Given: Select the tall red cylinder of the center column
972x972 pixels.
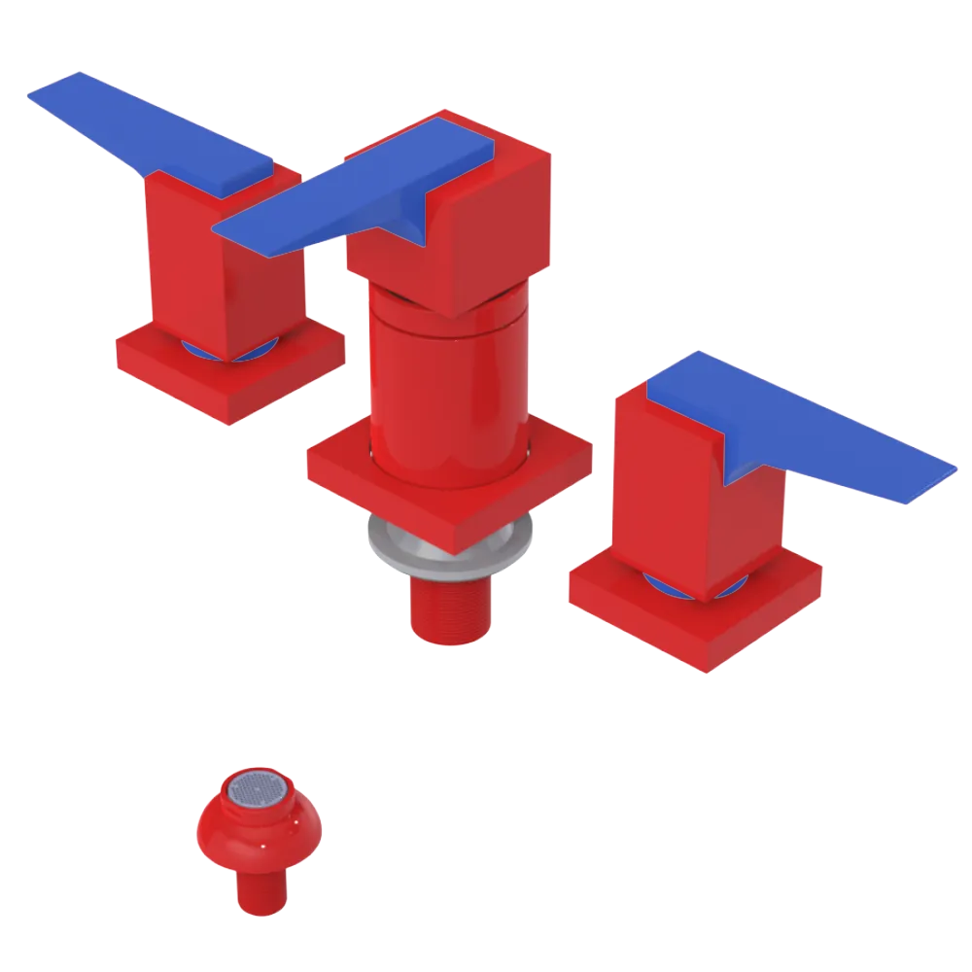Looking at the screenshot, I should coord(447,389).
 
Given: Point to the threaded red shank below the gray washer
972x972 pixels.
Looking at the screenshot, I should coord(447,607).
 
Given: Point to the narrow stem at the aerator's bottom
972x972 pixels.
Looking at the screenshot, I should coord(261,889).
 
